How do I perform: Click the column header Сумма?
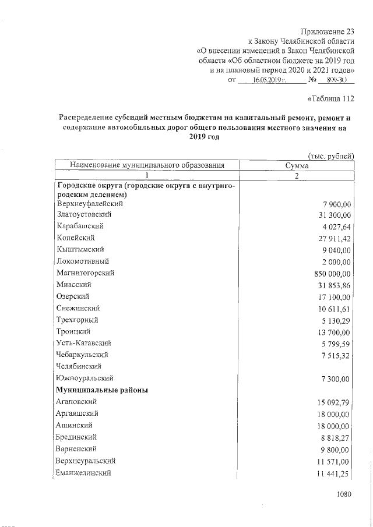(x=296, y=165)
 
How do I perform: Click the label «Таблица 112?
(x=330, y=98)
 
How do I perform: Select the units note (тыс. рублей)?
(x=330, y=155)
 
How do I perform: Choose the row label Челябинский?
(x=79, y=366)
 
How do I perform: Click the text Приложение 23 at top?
(x=327, y=31)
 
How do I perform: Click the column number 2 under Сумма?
(x=296, y=176)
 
